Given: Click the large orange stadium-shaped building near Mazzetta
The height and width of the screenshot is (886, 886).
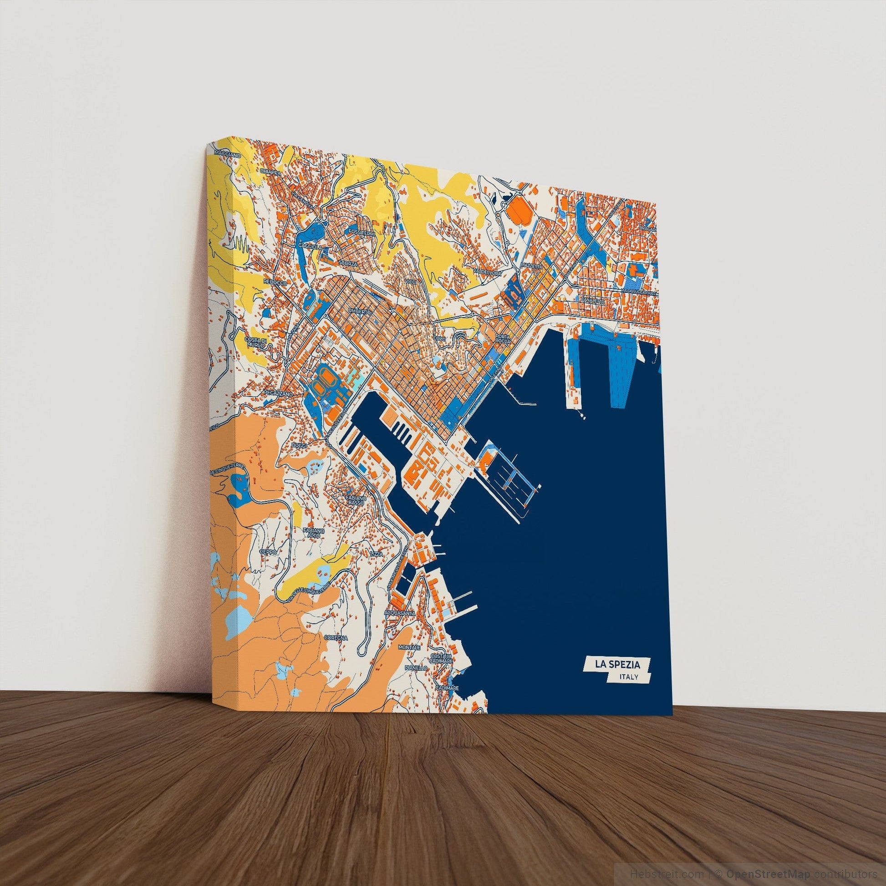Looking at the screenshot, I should (x=518, y=213).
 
